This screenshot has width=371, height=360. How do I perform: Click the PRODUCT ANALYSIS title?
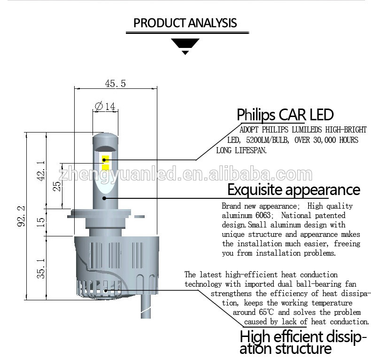pyautogui.click(x=185, y=23)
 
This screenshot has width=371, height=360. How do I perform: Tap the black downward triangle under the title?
pyautogui.click(x=185, y=46)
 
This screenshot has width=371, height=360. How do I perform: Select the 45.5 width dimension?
pyautogui.click(x=115, y=84)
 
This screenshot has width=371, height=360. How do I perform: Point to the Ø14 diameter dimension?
pyautogui.click(x=105, y=107)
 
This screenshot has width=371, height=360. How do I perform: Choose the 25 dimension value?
pyautogui.click(x=56, y=186)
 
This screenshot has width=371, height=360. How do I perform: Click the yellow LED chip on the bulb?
pyautogui.click(x=106, y=163)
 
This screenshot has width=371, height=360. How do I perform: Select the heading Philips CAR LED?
pyautogui.click(x=285, y=115)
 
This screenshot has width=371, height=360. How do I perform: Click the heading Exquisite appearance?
pyautogui.click(x=294, y=190)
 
